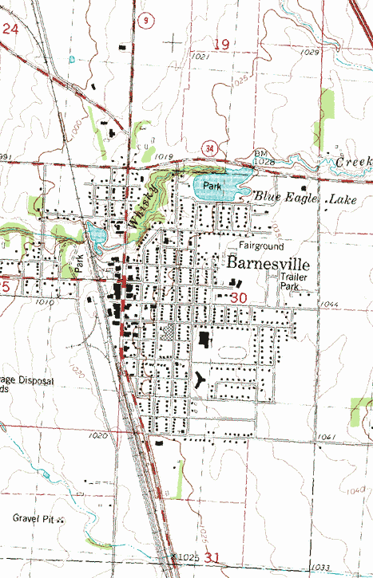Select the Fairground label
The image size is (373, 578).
click(x=260, y=246)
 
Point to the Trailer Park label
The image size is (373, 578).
click(x=293, y=281)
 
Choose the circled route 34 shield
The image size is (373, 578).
click(x=209, y=148)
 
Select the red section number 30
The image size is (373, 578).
click(x=239, y=297)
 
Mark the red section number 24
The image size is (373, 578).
click(x=10, y=29)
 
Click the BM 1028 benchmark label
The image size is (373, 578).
click(x=264, y=157)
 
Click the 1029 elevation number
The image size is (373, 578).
click(x=310, y=52)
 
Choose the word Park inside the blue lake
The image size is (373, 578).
click(x=211, y=186)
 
